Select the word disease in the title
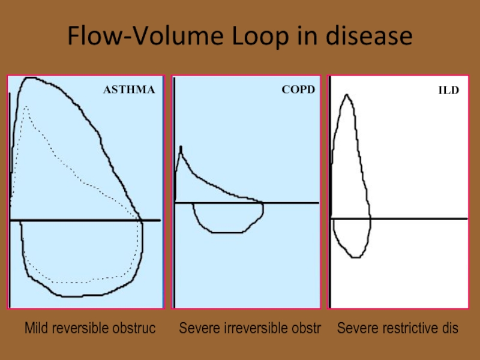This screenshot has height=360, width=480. click(x=369, y=36)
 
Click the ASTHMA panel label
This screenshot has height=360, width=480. click(x=129, y=89)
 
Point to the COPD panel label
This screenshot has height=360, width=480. click(x=298, y=89)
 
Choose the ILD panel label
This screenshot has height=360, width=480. click(x=448, y=91)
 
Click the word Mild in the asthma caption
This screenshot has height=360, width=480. click(x=36, y=328)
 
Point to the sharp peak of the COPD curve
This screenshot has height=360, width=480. click(x=181, y=147)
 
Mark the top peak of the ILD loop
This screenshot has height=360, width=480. click(x=347, y=95)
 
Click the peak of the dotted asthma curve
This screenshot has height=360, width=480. click(x=26, y=107)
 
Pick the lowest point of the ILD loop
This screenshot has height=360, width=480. click(x=355, y=257)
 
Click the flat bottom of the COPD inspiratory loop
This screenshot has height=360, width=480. click(x=227, y=232)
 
